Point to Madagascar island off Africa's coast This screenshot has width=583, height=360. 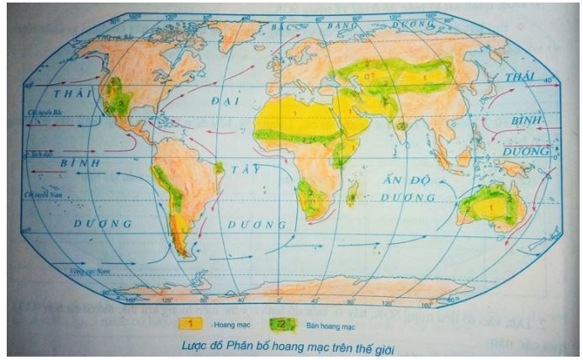pyautogui.click(x=352, y=193)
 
